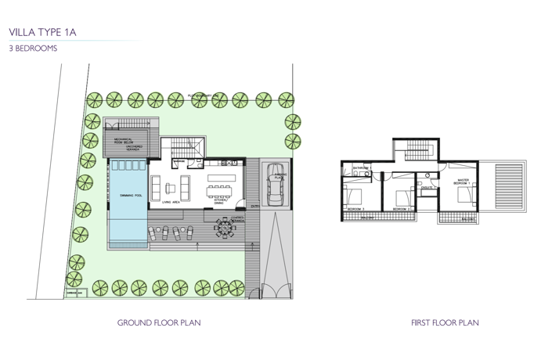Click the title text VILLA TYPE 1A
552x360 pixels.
coord(43,32)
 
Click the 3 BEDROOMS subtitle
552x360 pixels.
coord(33,49)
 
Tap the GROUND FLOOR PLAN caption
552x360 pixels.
coord(159,322)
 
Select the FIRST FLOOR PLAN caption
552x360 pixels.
coord(445,322)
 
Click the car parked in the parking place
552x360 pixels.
coord(275,186)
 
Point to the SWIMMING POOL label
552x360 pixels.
coord(131,195)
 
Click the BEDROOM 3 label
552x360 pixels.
coord(356,209)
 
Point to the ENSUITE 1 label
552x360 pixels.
coord(427,188)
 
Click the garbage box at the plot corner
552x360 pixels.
coord(75,294)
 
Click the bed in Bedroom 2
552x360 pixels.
coord(404,196)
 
